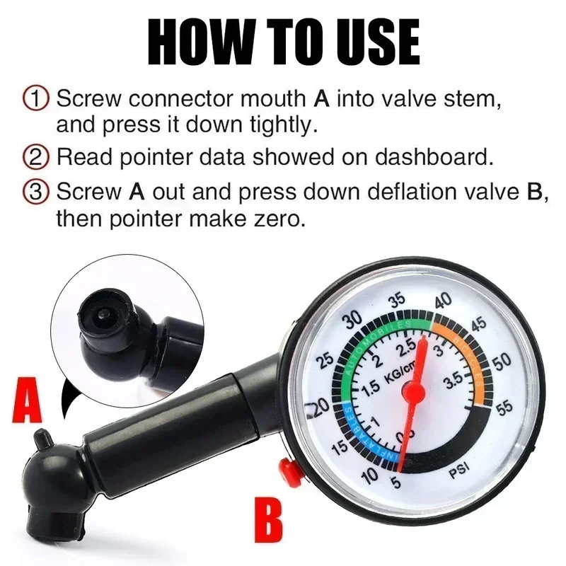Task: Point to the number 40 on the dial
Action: (x=444, y=301)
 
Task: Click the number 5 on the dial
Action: (x=394, y=483)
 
